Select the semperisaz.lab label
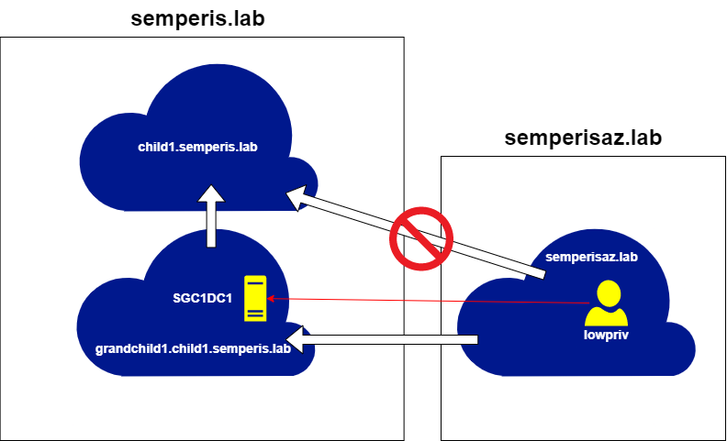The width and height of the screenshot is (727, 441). point(591,258)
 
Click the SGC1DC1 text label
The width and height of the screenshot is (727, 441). point(202,298)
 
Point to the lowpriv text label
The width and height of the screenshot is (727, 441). point(606,335)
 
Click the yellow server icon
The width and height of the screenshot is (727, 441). point(255,298)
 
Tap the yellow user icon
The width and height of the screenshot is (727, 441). point(607,304)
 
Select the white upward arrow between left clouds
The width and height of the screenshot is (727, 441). point(212,220)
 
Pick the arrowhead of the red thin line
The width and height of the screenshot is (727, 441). point(271,298)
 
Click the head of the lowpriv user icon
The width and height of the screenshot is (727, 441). point(607,293)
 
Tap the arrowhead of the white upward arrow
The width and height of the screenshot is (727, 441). point(212,196)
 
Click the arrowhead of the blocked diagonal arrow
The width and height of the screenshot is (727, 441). point(296,197)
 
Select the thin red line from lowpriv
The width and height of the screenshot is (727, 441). point(431,301)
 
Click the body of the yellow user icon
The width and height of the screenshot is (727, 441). point(607,315)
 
